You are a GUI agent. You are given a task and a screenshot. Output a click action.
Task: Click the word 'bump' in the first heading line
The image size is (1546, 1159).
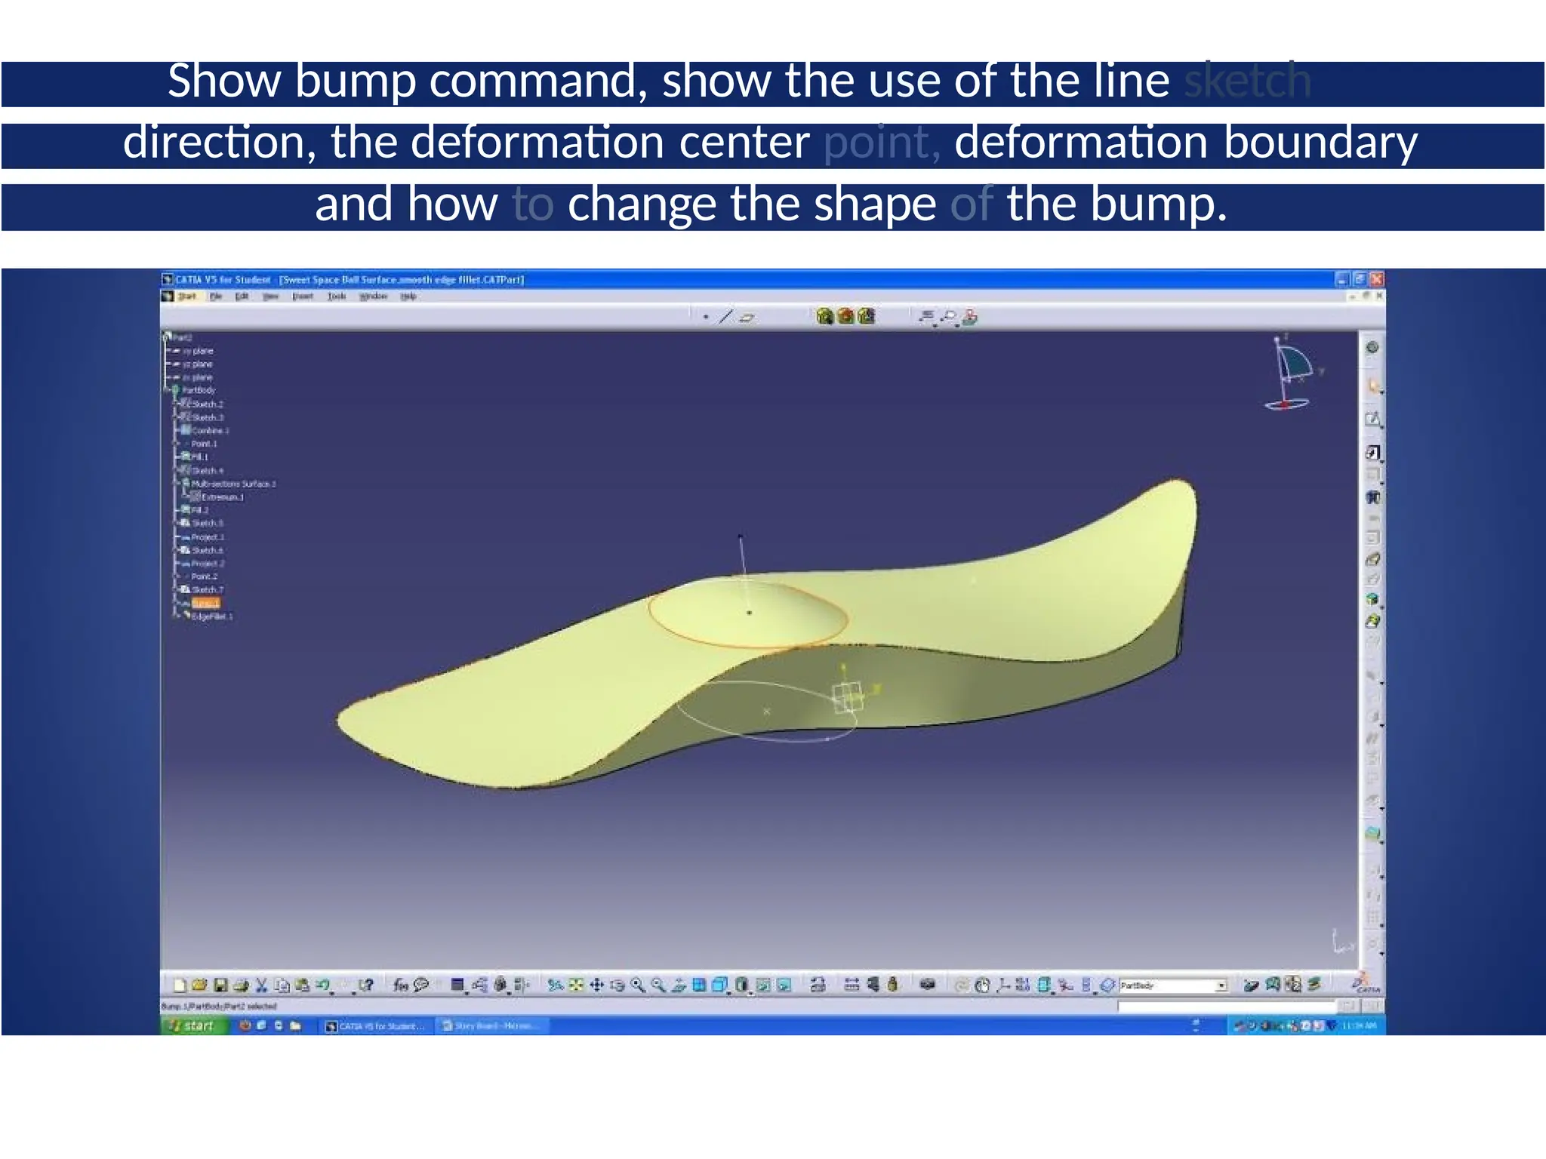point(355,81)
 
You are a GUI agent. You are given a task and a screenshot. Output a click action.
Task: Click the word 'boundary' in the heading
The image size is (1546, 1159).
point(1320,143)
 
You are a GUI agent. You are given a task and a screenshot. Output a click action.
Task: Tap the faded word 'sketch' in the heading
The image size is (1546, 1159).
point(1247,81)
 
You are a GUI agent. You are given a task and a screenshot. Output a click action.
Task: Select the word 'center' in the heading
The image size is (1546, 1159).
point(744,143)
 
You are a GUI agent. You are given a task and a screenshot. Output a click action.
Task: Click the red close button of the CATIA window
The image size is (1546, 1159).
point(1377,279)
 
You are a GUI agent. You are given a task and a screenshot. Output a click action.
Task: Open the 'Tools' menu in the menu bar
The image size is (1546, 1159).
point(337,297)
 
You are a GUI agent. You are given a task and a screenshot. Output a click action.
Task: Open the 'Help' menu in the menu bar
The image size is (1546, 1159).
point(408,297)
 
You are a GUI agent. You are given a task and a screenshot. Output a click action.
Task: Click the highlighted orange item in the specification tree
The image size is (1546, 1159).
point(205,604)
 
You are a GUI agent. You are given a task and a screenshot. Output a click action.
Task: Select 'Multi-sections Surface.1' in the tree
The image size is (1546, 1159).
point(233,484)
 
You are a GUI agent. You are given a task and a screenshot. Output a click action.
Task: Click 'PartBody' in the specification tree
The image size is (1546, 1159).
point(199,390)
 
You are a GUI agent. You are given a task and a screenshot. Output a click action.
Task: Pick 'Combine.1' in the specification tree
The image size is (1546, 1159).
point(210,431)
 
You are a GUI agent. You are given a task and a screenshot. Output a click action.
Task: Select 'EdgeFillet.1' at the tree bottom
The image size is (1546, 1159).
point(212,616)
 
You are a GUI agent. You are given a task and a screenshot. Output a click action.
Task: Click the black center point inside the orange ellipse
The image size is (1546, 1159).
point(749,613)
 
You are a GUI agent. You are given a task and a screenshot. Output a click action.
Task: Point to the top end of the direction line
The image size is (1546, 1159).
point(741,536)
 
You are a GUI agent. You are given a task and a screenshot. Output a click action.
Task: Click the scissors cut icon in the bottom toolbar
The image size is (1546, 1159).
point(261,985)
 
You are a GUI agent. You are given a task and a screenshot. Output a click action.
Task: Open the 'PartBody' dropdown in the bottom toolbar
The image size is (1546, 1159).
point(1221,985)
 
